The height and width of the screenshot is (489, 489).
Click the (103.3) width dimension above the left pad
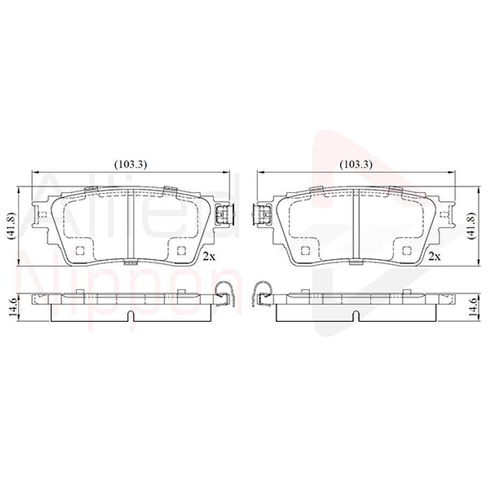click(x=131, y=164)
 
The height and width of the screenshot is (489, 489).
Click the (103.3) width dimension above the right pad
click(x=356, y=164)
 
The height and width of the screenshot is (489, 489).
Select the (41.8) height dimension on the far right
click(x=472, y=225)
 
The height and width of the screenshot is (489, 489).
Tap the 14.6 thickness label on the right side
click(x=472, y=308)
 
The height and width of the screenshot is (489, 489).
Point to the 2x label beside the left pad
click(x=209, y=256)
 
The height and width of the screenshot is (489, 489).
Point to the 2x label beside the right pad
click(x=434, y=256)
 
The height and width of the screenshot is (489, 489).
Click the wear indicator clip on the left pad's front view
click(x=223, y=214)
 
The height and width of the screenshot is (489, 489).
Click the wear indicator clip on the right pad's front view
click(x=263, y=214)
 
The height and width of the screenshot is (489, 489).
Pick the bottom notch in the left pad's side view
click(x=131, y=317)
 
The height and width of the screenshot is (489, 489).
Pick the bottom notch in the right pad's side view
click(x=356, y=317)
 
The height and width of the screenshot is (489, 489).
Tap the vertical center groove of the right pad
click(x=356, y=226)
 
